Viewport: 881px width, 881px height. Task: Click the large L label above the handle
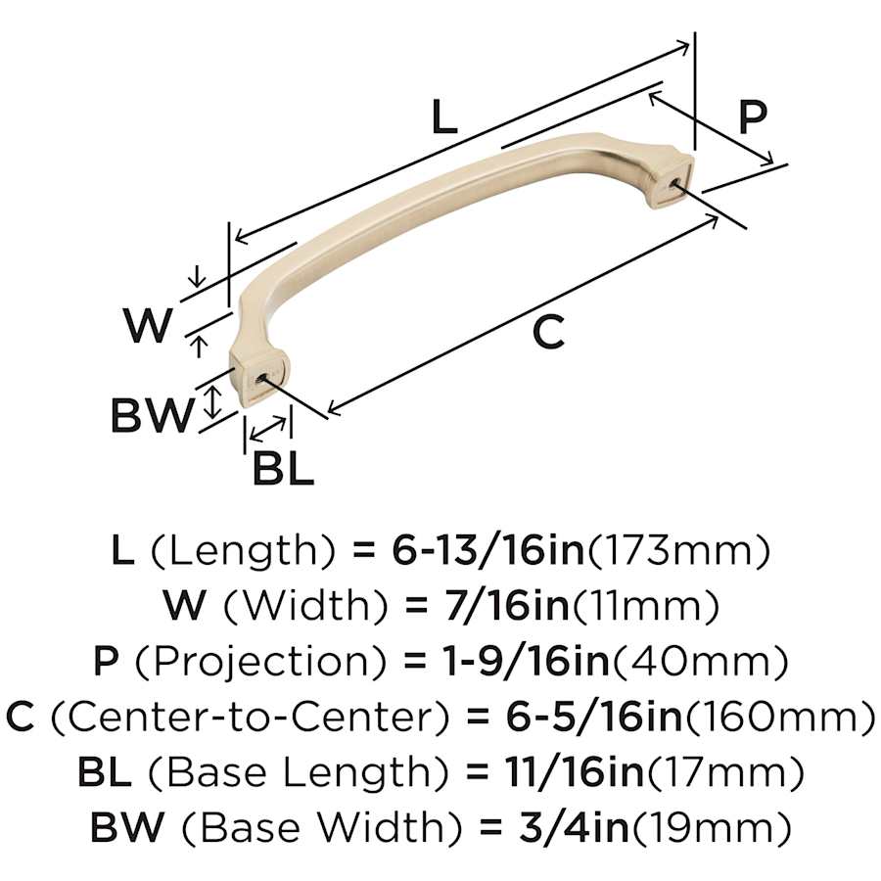(x=443, y=116)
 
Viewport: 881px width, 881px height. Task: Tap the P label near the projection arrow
(x=752, y=116)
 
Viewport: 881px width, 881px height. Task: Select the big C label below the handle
(x=548, y=332)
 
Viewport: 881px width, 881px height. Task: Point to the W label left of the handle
(x=147, y=325)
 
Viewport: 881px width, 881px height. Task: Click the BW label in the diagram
(x=152, y=415)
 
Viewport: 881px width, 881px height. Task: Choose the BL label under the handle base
(x=283, y=469)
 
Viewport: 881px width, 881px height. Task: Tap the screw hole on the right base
(x=677, y=184)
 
